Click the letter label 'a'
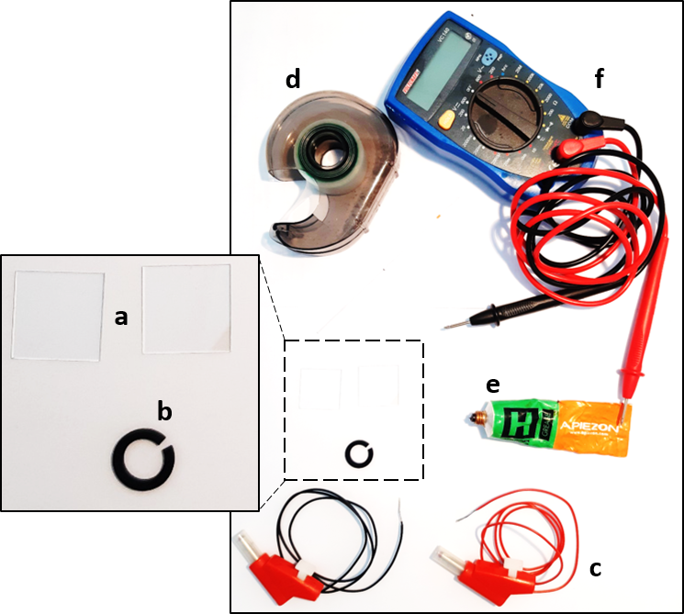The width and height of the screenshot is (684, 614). coord(120,318)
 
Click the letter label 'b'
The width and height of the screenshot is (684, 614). coord(164,411)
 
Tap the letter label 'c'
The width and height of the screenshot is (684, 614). coord(595,568)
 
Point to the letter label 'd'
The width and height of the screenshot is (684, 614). coord(292,80)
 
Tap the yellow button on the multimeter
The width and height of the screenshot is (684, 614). coord(447,118)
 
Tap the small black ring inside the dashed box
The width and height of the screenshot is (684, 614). coord(357,452)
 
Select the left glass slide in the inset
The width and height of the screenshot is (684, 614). coord(59,314)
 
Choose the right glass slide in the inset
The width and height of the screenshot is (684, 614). coord(187,308)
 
